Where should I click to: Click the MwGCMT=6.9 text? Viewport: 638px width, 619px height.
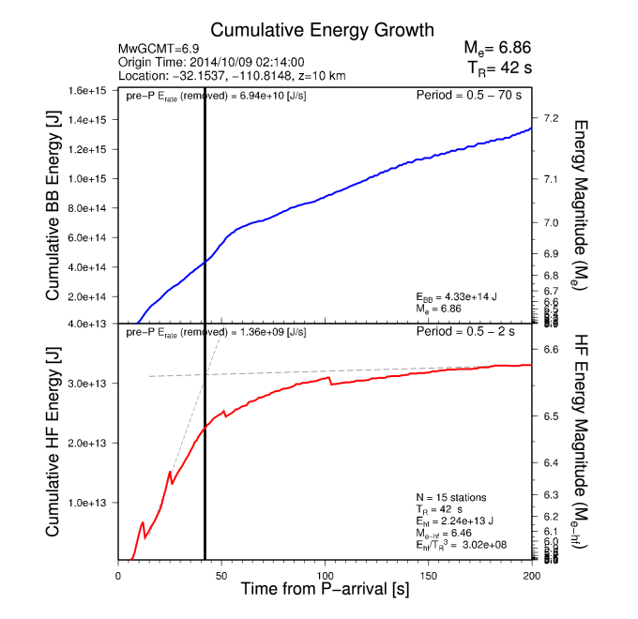159,48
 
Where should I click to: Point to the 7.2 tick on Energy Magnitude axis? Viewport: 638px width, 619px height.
551,118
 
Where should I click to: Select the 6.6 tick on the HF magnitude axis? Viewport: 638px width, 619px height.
551,349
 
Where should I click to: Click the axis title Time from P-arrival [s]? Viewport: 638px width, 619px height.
325,591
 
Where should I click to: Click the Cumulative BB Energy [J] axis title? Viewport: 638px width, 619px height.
53,208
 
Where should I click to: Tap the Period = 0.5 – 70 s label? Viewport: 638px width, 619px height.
473,96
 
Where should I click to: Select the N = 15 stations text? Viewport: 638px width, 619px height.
451,496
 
